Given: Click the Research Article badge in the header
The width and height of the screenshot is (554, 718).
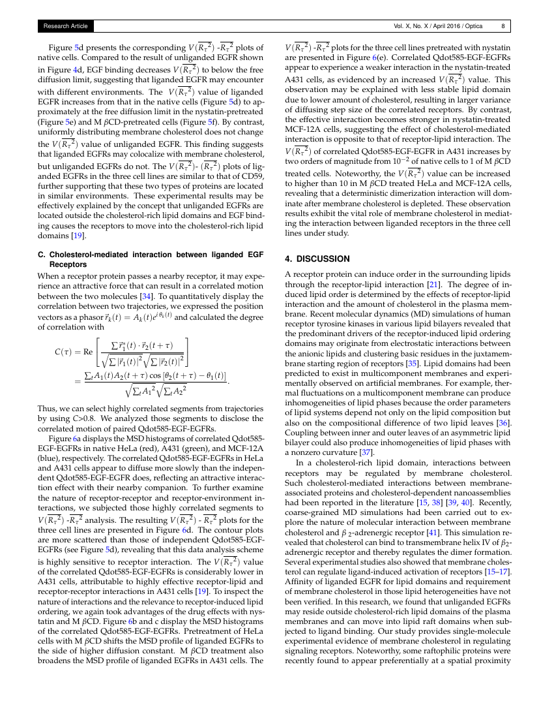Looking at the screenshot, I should pyautogui.click(x=65, y=27).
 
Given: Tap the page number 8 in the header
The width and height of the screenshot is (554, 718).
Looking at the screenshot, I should pyautogui.click(x=503, y=27).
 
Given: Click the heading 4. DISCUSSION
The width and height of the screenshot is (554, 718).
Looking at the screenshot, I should pyautogui.click(x=317, y=258).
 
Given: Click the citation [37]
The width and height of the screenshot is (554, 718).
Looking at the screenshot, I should pyautogui.click(x=367, y=452).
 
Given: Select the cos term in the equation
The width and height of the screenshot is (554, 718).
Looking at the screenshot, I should pyautogui.click(x=154, y=378).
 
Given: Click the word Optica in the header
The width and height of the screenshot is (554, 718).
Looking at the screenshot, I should pyautogui.click(x=474, y=27).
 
